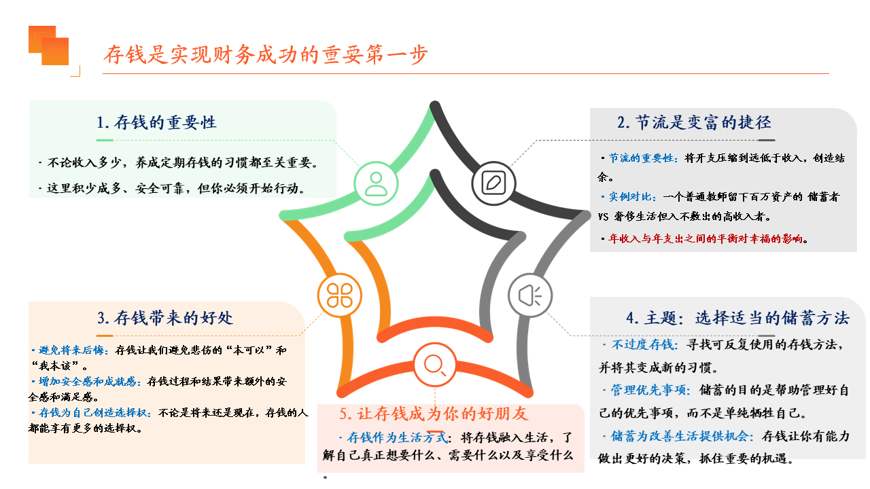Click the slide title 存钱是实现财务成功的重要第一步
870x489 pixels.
coord(266,54)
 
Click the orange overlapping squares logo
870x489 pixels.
coord(48,46)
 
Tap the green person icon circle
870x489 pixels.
coord(376,183)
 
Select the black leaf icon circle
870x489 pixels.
coord(493,183)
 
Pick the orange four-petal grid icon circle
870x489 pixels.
coord(339,295)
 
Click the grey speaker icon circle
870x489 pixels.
coord(530,295)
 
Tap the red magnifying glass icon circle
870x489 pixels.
coord(434,365)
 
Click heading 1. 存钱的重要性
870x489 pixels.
coord(156,122)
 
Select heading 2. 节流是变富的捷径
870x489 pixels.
coord(695,122)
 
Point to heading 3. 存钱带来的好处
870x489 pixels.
coord(165,318)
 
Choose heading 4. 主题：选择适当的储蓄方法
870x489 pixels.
coord(738,318)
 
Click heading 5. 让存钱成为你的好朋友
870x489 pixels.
coord(434,414)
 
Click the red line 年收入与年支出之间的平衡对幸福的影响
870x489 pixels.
coord(706,238)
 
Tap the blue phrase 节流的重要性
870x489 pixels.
coord(641,158)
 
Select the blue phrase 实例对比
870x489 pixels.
coord(630,197)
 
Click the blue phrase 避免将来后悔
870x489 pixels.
coord(71,350)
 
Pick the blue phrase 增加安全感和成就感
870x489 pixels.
coord(88,382)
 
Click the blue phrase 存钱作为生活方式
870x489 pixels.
coord(398,438)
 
